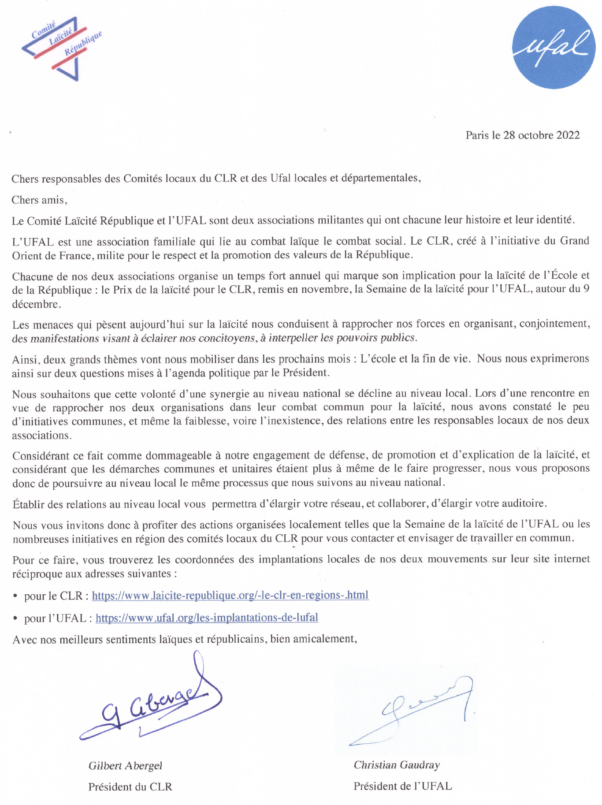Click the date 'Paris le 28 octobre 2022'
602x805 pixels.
(x=522, y=135)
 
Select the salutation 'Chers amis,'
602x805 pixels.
(x=39, y=200)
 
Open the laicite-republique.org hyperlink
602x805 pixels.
(x=230, y=595)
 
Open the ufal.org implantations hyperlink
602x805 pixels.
(x=207, y=618)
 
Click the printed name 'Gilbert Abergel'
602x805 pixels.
(x=125, y=765)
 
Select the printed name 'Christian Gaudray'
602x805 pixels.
(x=397, y=765)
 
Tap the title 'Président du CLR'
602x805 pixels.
(x=130, y=786)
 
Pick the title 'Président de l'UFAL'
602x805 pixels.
(x=402, y=786)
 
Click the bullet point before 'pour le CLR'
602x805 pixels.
(x=15, y=596)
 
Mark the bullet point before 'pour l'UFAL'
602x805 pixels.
(x=15, y=619)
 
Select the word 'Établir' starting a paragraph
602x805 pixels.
(x=27, y=504)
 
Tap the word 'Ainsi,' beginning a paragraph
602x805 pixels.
(x=26, y=359)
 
